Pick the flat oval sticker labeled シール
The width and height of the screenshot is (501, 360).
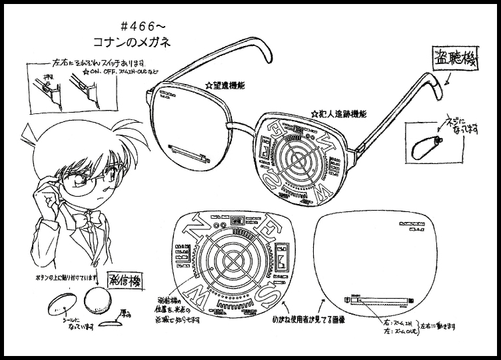[58, 307]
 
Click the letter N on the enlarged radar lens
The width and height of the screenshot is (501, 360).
[187, 233]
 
